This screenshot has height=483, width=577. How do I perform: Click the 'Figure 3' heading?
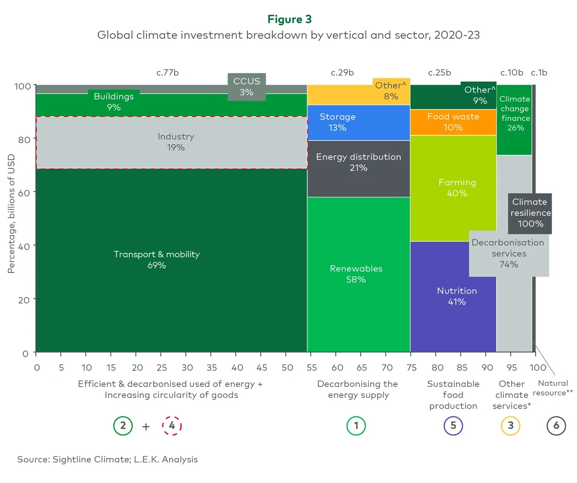coord(289,20)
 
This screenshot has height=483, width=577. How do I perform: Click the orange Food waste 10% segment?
coord(453,122)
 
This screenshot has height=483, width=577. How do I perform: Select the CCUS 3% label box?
coord(246,87)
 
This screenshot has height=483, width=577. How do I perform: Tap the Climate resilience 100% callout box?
coord(530,213)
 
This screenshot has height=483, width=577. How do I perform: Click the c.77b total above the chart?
coord(167,73)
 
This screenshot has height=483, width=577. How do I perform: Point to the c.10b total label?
coord(511,73)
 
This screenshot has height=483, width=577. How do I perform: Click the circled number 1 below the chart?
coord(356,426)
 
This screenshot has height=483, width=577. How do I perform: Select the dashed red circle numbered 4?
coord(172,426)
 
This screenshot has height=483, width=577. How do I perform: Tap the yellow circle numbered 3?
coord(510,426)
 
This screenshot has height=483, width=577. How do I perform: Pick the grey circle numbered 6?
coord(556,426)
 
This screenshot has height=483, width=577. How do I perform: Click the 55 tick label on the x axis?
coord(312,368)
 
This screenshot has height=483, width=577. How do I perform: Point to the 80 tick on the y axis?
coord(24,140)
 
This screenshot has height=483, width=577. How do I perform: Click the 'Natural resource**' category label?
coord(553,388)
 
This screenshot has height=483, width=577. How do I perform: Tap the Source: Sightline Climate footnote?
coord(107,459)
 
